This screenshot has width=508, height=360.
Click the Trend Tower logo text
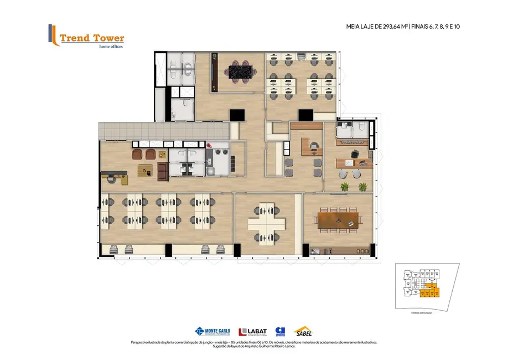point(91,38)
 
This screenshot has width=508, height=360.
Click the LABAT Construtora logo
point(252,332)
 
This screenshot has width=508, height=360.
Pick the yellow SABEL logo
point(303,331)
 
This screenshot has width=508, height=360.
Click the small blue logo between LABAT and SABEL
point(280,331)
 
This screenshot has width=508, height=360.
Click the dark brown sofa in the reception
point(163,172)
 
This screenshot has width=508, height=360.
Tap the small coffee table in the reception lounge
point(146,170)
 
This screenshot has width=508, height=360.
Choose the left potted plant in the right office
point(344,187)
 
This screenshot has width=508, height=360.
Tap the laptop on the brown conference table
point(351,223)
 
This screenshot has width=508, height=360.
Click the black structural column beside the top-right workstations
point(305,115)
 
